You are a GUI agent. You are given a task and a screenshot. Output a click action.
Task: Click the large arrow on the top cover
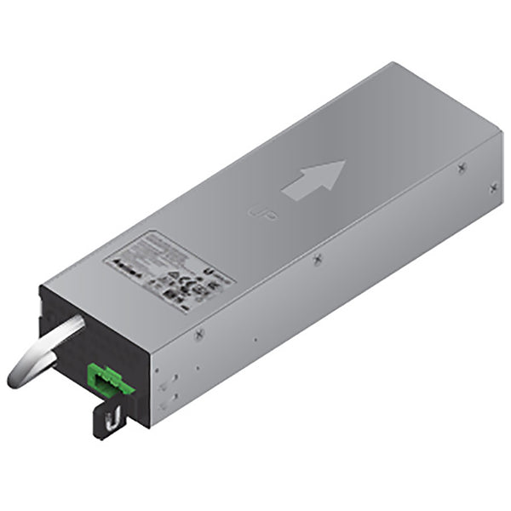[x=314, y=181]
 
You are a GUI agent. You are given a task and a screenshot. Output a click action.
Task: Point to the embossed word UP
[x=255, y=209]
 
